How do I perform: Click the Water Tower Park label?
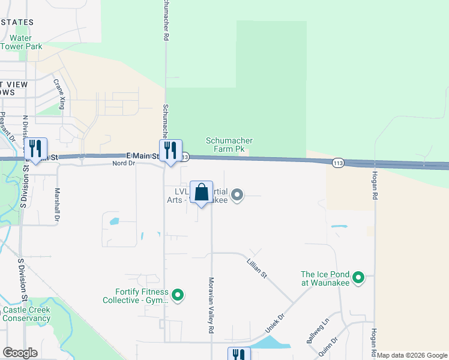pyautogui.click(x=21, y=41)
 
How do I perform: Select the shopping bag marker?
pyautogui.click(x=202, y=193)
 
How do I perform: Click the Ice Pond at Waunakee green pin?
pyautogui.click(x=358, y=277)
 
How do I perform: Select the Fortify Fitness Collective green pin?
pyautogui.click(x=177, y=295)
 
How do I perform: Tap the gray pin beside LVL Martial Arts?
pyautogui.click(x=237, y=194)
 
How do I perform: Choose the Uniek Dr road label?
pyautogui.click(x=277, y=325)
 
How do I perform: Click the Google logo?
pyautogui.click(x=20, y=353)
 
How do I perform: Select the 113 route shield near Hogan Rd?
pyautogui.click(x=337, y=162)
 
